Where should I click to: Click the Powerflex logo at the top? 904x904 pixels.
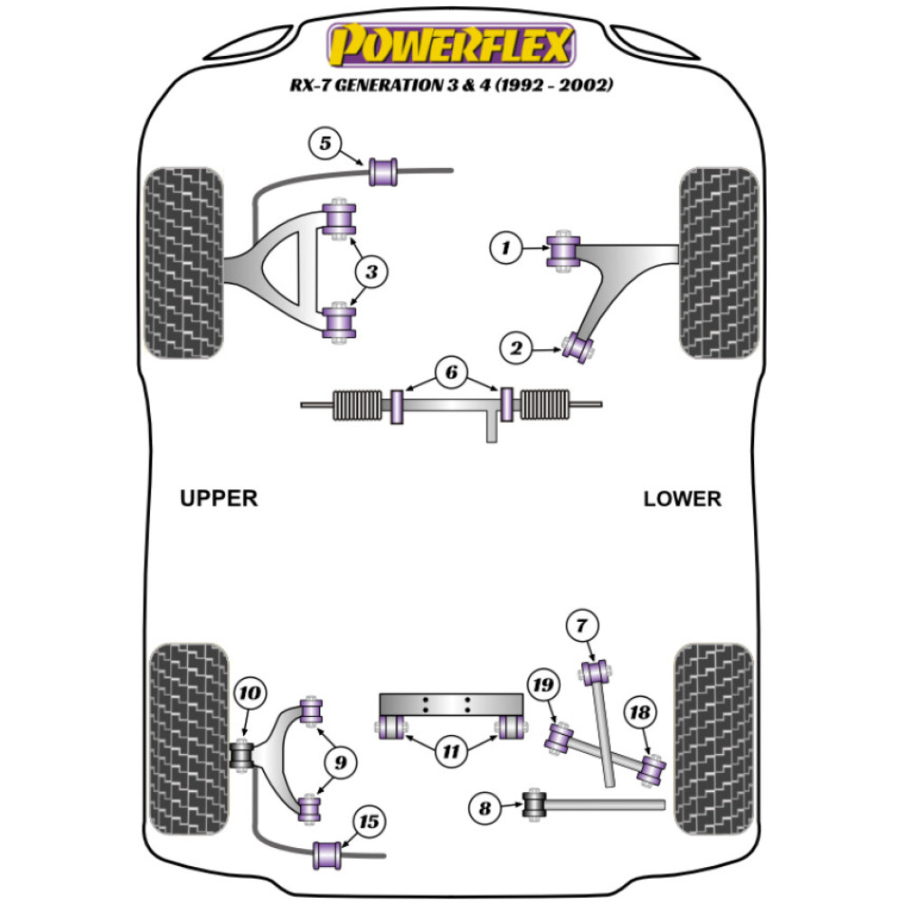pos(451,44)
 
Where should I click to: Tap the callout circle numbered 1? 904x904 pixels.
pos(507,247)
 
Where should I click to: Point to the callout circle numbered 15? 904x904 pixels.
pos(370,822)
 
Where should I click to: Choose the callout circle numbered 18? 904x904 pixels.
pos(639,713)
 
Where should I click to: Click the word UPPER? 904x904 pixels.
pos(219,498)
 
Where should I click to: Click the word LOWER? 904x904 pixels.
pos(683,499)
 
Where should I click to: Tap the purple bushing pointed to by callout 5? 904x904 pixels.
pos(384,170)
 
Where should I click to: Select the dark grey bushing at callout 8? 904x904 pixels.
pos(536,803)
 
